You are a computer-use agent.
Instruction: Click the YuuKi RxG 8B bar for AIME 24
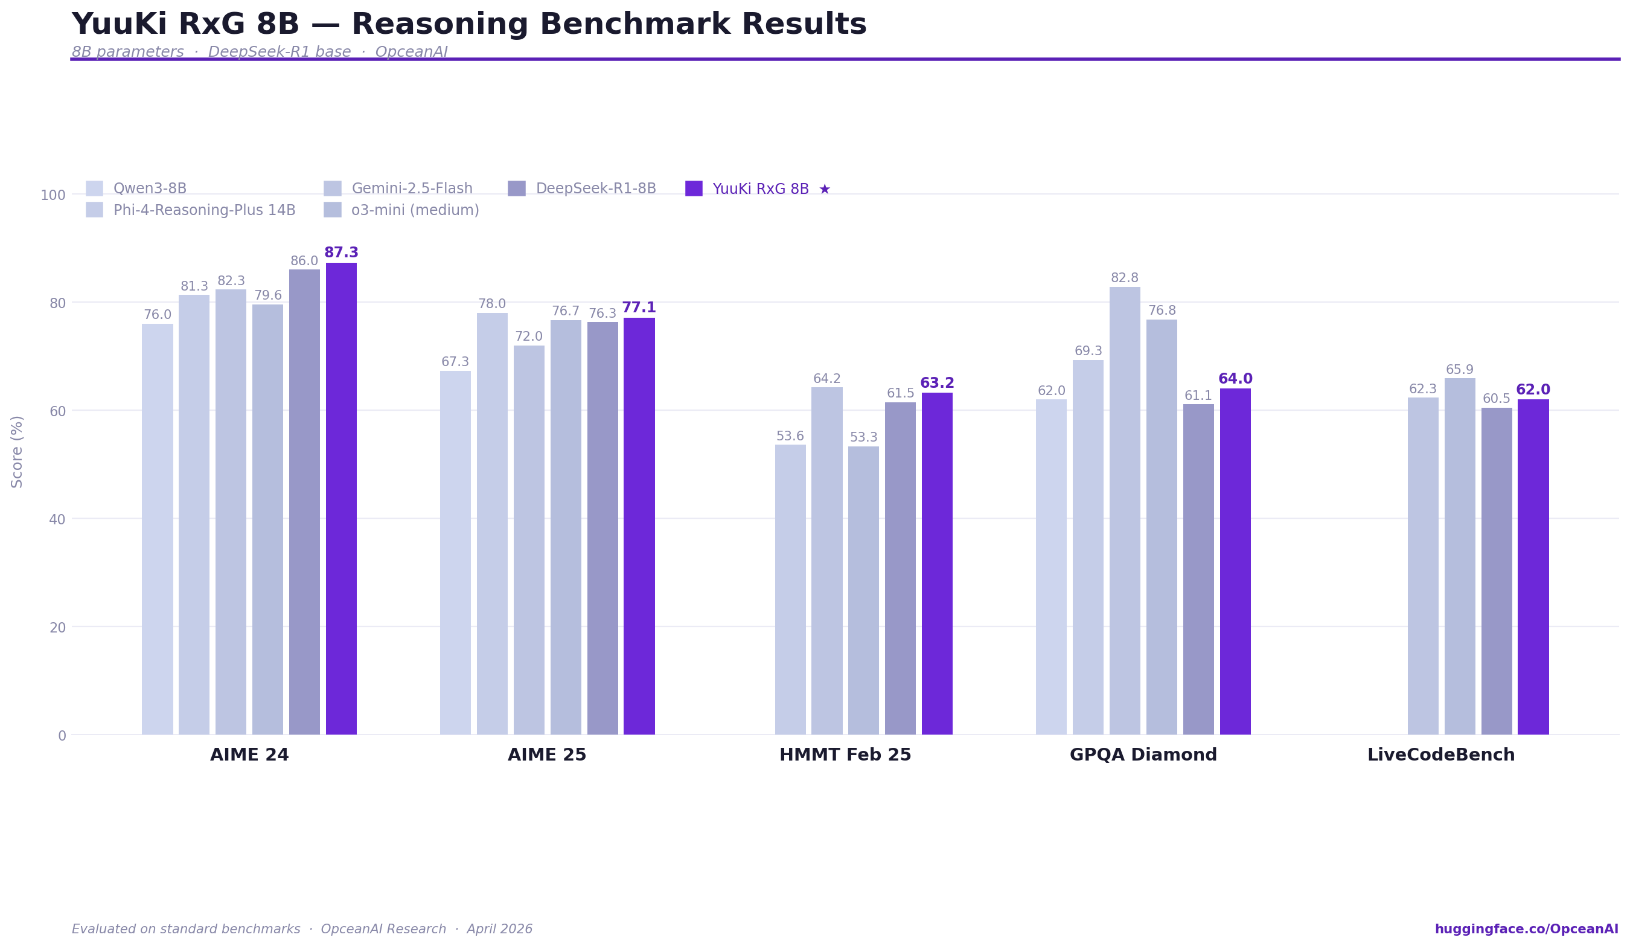(341, 498)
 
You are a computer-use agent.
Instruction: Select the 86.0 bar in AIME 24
(304, 501)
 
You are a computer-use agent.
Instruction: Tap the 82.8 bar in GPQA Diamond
(1124, 510)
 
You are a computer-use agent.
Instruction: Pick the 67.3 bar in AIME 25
(455, 553)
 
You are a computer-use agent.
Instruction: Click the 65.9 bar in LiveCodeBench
(1459, 556)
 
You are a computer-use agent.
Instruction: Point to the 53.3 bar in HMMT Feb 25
(863, 590)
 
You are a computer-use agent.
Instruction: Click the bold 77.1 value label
(639, 308)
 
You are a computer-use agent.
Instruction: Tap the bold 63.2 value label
(936, 383)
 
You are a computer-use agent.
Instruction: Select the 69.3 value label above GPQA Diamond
(1088, 352)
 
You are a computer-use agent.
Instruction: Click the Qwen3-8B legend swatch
(94, 188)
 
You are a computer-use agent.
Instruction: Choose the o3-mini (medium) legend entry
(415, 210)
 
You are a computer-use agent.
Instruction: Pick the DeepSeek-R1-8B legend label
(595, 188)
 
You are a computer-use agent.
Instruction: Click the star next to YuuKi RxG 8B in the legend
(824, 189)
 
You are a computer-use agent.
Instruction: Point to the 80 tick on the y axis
(57, 303)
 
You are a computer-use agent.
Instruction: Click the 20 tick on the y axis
(57, 628)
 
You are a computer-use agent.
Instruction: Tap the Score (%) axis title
(18, 452)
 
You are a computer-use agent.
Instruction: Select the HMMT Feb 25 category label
(845, 755)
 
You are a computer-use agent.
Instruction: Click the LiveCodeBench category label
(1440, 755)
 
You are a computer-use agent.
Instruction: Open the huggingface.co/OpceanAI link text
(1526, 929)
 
